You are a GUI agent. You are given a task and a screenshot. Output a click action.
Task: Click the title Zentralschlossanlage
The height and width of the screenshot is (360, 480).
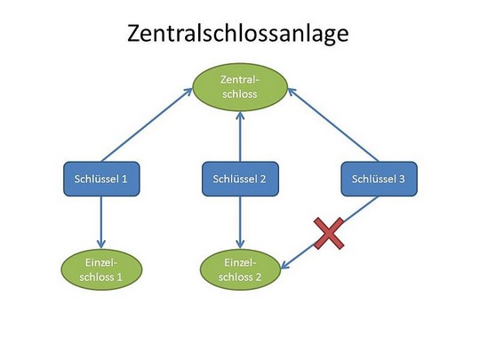(238, 34)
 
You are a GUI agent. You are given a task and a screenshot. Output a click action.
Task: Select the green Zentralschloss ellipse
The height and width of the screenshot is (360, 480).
(240, 87)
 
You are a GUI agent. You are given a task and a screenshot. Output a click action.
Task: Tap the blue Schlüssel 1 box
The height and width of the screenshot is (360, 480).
(101, 179)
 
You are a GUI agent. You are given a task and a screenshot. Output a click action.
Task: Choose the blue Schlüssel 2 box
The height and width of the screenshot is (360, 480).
(240, 179)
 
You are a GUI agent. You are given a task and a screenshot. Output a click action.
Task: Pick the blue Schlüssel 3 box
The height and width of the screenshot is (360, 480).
(379, 179)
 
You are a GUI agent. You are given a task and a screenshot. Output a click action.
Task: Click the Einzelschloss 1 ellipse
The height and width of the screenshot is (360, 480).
(101, 269)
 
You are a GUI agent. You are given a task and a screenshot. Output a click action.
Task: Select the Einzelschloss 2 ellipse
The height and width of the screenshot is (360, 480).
(240, 269)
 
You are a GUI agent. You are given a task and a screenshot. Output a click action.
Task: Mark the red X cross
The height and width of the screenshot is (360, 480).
(329, 234)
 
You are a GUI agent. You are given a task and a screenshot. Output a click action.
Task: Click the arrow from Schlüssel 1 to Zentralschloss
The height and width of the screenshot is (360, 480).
(147, 125)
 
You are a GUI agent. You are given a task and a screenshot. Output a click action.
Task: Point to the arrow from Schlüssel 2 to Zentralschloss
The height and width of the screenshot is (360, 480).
(240, 137)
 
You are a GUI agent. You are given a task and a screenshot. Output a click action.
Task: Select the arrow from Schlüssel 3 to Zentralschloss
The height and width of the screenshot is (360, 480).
(333, 125)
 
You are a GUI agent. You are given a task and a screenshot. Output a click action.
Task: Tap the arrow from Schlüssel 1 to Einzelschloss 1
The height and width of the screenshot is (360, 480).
(101, 222)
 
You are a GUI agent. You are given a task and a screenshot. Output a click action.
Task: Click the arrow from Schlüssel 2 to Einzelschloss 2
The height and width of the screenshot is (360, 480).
(240, 222)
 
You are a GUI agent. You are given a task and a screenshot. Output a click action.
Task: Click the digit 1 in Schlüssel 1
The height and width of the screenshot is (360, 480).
(124, 179)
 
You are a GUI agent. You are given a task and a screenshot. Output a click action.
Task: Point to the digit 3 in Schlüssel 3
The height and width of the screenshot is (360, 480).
(402, 179)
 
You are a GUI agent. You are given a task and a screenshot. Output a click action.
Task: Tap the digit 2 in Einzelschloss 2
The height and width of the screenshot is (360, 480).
(258, 277)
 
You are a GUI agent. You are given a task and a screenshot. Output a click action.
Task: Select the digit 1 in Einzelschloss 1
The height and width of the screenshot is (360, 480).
(119, 277)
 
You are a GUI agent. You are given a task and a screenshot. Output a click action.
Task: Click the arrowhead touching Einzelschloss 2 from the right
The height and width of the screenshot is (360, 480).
(284, 266)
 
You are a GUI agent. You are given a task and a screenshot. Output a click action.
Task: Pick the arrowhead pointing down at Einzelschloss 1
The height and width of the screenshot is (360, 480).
(101, 244)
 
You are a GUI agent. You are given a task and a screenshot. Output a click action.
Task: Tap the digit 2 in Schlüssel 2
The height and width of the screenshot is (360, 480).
(262, 179)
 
